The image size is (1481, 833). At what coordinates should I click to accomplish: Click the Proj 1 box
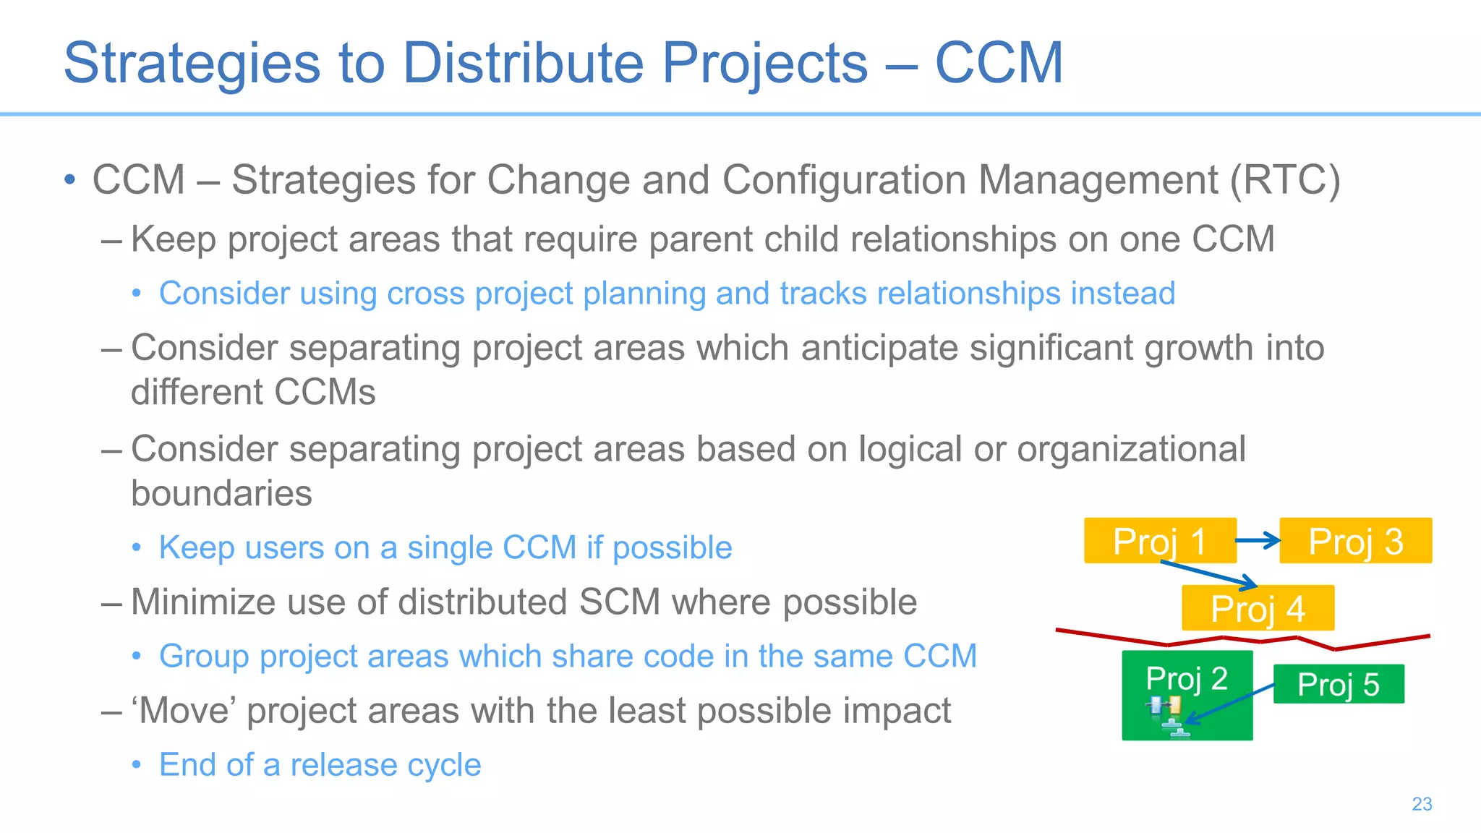pyautogui.click(x=1159, y=541)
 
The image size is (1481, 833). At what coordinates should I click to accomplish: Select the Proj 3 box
pyautogui.click(x=1355, y=541)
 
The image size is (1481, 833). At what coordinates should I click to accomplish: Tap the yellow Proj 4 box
pyautogui.click(x=1258, y=608)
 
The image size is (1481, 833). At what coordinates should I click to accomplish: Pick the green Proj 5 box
pyautogui.click(x=1338, y=684)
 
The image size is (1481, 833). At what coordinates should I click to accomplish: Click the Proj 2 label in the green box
pyautogui.click(x=1187, y=678)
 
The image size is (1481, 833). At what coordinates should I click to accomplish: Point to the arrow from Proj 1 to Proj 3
pyautogui.click(x=1258, y=540)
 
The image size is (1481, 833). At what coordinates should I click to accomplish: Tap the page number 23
pyautogui.click(x=1422, y=804)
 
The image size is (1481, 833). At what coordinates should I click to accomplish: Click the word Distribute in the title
pyautogui.click(x=522, y=63)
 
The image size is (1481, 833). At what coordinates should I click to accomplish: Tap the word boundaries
pyautogui.click(x=221, y=494)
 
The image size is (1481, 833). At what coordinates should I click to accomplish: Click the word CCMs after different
pyautogui.click(x=325, y=393)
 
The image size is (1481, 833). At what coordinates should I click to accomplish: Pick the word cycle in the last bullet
pyautogui.click(x=445, y=765)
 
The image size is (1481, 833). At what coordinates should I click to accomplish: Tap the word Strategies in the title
pyautogui.click(x=192, y=63)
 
